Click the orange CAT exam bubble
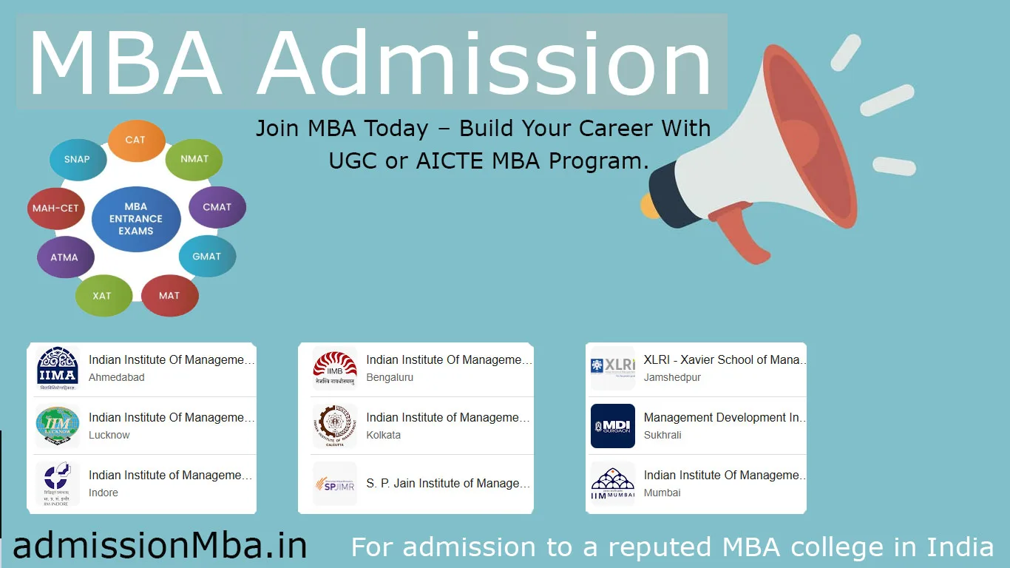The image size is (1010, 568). point(136,141)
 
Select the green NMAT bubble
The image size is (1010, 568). point(194,159)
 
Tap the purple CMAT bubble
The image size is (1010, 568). point(217,207)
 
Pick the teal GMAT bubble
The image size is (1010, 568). point(207,257)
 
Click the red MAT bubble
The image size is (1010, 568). point(169,296)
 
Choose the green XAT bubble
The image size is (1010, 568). point(103,296)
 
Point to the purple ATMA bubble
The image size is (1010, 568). point(65,257)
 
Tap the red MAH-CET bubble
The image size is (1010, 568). point(55,209)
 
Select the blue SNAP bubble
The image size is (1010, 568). point(77,160)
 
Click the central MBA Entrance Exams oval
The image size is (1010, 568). point(136,219)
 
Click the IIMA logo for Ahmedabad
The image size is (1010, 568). point(58,368)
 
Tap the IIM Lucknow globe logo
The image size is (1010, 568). point(58,426)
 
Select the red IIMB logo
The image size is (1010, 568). point(335,368)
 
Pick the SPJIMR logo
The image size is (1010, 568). point(335,484)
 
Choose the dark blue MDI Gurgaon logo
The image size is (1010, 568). point(613,426)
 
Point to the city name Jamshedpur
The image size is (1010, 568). point(672,378)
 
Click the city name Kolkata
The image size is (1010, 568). point(383,436)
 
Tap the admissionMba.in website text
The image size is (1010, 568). point(160,546)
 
